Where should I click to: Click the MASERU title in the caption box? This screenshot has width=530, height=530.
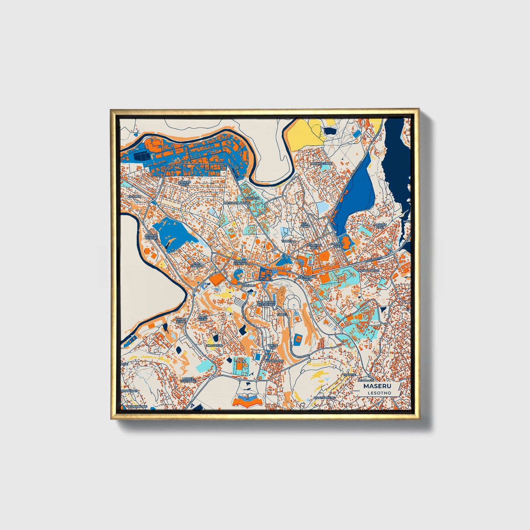coord(377,386)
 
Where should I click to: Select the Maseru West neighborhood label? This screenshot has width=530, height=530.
coord(184,183)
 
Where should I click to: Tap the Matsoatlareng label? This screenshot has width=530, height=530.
coord(237,202)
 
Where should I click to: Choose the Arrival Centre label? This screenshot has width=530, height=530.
coord(151,237)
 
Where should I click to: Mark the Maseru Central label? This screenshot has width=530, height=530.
coord(240,262)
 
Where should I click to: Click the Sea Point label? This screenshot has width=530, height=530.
coord(305,225)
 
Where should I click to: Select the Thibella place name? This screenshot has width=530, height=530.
coord(288,241)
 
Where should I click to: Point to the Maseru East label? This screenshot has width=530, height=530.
coord(380,226)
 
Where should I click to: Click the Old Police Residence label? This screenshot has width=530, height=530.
coord(266,303)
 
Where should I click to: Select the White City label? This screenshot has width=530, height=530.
coord(272,346)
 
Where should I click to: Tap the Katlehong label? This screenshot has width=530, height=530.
coord(274,361)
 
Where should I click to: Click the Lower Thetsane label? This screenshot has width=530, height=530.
coord(187,380)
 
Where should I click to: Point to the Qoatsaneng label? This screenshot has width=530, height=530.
coord(324,398)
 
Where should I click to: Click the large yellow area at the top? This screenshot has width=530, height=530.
coord(305,134)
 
